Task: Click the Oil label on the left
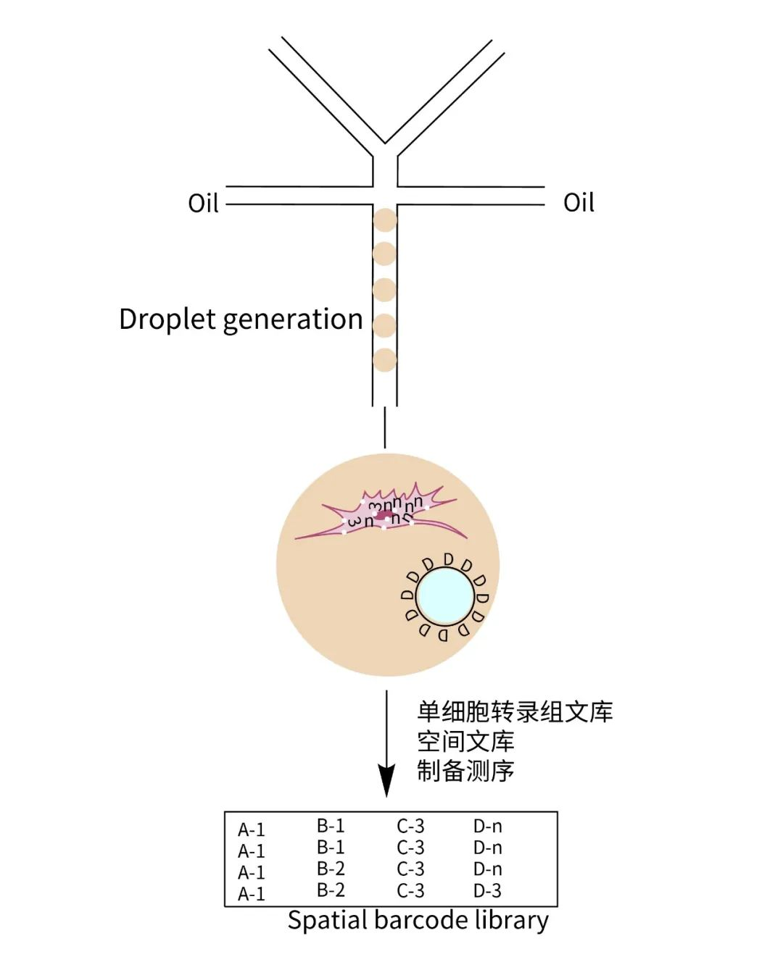tap(203, 204)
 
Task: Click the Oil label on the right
tap(579, 203)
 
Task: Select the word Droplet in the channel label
tap(167, 319)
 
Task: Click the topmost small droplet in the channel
tap(385, 220)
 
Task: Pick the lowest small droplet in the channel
tap(385, 360)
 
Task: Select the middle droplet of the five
tap(385, 290)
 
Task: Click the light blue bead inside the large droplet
tap(445, 596)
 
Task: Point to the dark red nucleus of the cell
tap(385, 515)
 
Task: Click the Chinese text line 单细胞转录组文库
tap(515, 712)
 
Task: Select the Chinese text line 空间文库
tap(465, 741)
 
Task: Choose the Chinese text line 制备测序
tap(465, 771)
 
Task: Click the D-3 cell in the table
tap(487, 890)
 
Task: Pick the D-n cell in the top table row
tap(487, 826)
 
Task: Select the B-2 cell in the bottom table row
tap(331, 890)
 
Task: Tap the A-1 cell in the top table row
tap(252, 829)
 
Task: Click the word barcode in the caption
tap(414, 920)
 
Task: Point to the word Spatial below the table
tap(328, 921)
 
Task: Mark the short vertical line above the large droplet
tap(385, 427)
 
